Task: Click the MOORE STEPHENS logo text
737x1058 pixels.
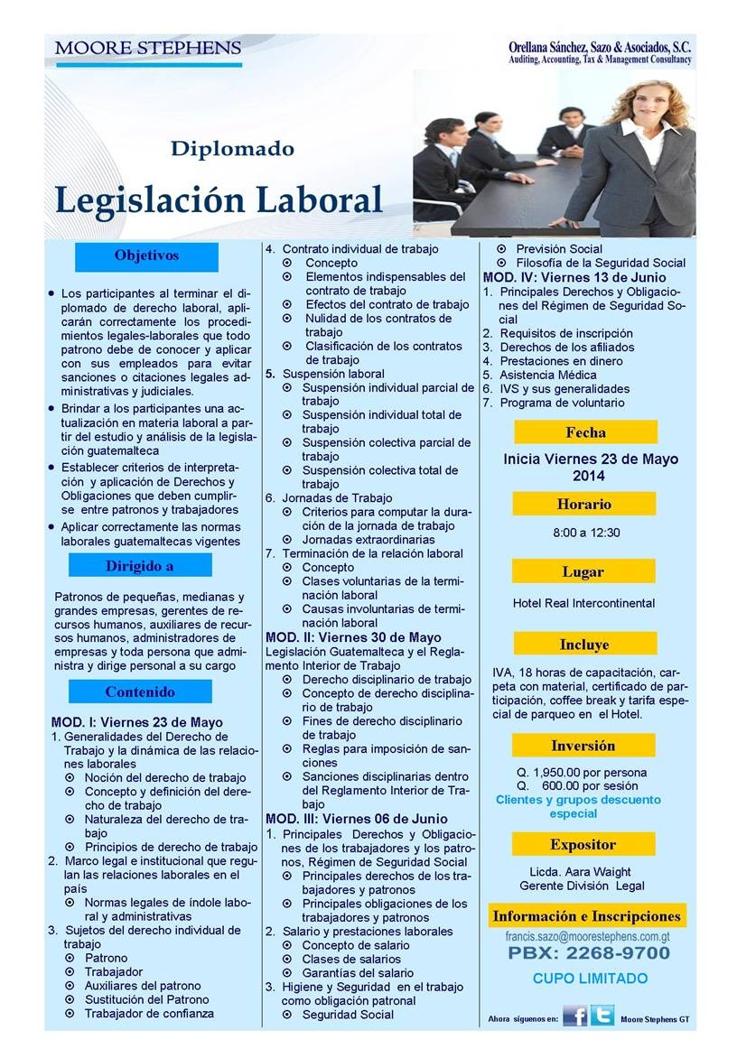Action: click(147, 48)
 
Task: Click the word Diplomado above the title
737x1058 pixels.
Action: click(232, 148)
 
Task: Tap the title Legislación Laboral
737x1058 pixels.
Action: click(219, 198)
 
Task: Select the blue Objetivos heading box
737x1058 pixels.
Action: click(146, 256)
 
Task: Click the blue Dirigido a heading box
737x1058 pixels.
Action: click(140, 566)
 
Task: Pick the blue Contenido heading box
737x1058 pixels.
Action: click(140, 692)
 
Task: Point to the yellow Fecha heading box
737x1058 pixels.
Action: click(585, 432)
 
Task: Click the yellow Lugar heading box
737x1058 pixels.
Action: click(583, 571)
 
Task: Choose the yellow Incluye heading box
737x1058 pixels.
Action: click(583, 645)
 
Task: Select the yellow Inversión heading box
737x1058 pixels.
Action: click(583, 746)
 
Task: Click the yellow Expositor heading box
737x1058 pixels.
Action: click(583, 845)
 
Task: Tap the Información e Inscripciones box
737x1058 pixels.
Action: click(586, 916)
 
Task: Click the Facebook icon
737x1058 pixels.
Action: click(574, 1016)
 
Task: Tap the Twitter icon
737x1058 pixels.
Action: click(602, 1016)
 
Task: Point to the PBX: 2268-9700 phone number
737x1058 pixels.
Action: click(589, 953)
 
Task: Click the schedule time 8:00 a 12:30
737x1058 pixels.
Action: click(586, 533)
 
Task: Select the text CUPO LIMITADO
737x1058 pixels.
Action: click(590, 978)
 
